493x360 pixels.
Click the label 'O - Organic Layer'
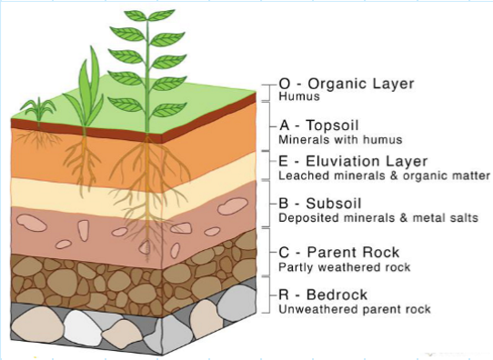pos(346,84)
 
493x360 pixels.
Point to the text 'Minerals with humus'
pos(340,140)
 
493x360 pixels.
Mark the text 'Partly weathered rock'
pos(345,267)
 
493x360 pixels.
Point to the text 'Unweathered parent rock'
pos(354,310)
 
